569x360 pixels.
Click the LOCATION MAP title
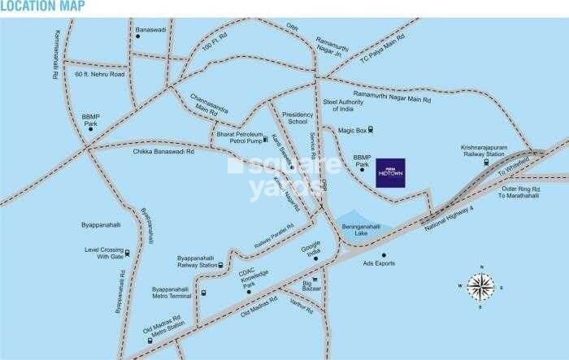coord(35,7)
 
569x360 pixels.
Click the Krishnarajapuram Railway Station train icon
coord(485,162)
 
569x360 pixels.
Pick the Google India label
coord(311,248)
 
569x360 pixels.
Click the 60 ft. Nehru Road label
coord(99,74)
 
